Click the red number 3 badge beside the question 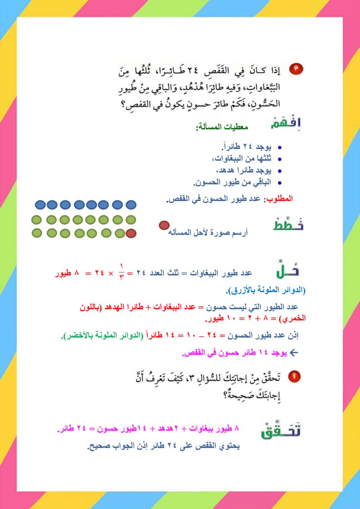297,69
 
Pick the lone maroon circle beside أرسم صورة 164,225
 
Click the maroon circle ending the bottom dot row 131,233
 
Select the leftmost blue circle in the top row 40,205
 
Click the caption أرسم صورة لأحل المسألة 208,233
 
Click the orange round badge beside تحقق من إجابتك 294,376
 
